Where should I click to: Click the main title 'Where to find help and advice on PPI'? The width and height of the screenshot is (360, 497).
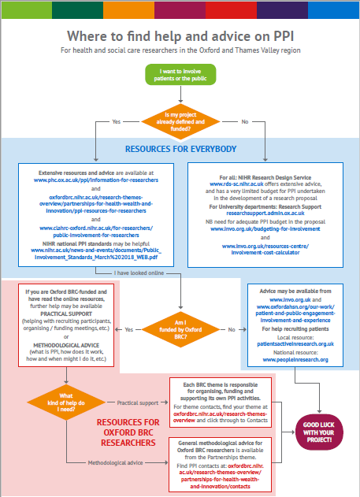(x=180, y=36)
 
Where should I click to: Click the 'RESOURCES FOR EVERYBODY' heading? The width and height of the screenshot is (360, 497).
(x=180, y=147)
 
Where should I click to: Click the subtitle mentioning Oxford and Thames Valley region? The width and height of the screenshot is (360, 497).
(x=180, y=51)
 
